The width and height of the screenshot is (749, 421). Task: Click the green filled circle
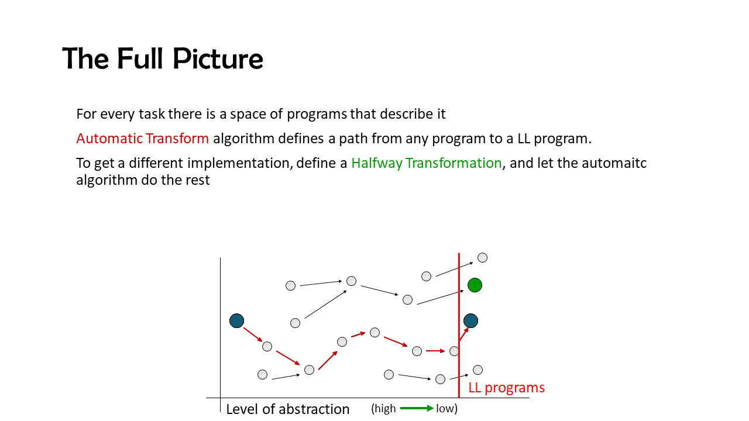coord(475,285)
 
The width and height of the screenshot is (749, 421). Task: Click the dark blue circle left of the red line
coord(237,321)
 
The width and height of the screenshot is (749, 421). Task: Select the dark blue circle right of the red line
coord(471,321)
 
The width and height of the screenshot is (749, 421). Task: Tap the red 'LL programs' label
coord(506,388)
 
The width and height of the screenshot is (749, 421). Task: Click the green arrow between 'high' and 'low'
coord(417,408)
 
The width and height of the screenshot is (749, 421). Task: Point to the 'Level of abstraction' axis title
coord(287,409)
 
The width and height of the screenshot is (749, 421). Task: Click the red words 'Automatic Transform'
coord(142,139)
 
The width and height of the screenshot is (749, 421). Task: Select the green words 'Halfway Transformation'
coord(427,163)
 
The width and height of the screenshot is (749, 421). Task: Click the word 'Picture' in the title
coord(218,58)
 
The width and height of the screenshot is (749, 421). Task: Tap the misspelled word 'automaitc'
coord(614,163)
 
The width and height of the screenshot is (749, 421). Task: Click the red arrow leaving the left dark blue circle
coord(253,334)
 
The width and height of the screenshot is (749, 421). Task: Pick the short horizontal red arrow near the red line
coord(435,351)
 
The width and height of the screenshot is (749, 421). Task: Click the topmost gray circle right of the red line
coord(482,258)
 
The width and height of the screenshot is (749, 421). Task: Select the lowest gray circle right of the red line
coord(477,370)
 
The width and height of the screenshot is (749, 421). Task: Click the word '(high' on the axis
coord(383,408)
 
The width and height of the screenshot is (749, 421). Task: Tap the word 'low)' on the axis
coord(446,408)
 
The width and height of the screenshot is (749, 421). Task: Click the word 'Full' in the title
coord(140,58)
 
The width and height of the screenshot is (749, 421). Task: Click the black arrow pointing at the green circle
coord(441,298)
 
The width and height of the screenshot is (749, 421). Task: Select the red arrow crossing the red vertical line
coord(464,334)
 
